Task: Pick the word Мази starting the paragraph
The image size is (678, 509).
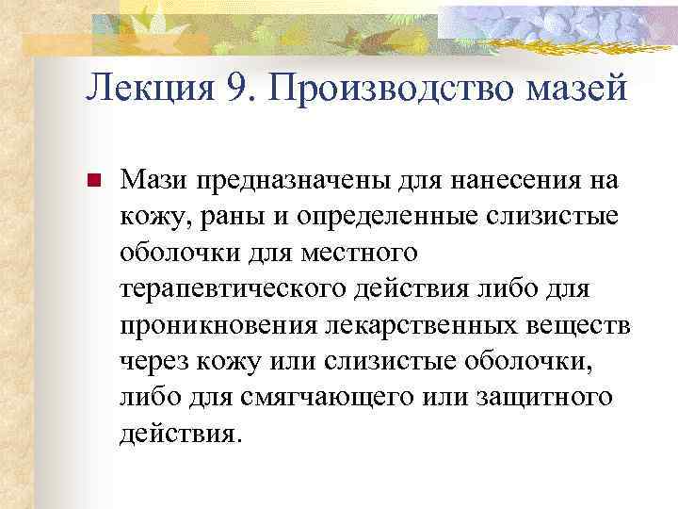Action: pyautogui.click(x=150, y=179)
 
